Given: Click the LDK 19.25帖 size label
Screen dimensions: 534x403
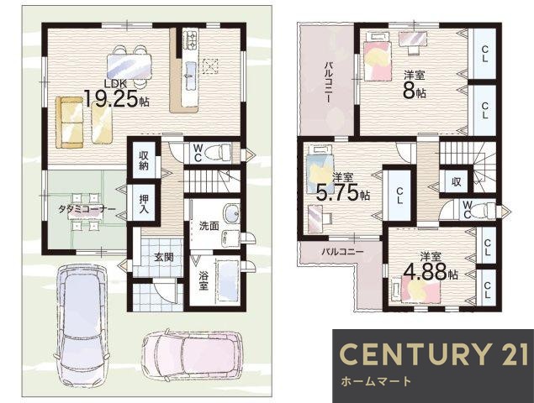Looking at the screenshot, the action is point(116,95).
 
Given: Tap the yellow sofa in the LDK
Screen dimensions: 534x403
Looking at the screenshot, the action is point(70,122).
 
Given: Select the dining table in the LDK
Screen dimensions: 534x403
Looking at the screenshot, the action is point(129,66).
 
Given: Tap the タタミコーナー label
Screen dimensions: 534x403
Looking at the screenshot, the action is point(87,209).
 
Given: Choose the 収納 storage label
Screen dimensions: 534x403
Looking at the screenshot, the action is point(143,160).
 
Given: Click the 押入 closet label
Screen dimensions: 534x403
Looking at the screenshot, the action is point(144,203).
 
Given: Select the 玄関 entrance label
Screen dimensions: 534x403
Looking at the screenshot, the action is point(164,257).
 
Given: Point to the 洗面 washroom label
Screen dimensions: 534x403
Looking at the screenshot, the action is point(209,226).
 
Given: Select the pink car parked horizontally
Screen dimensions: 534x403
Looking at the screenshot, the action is point(192,354).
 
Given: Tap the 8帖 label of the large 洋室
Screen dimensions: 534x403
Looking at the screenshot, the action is point(414,91).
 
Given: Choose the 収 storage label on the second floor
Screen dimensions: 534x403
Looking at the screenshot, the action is point(456,181).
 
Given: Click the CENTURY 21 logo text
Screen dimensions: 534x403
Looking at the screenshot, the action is point(433,354).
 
